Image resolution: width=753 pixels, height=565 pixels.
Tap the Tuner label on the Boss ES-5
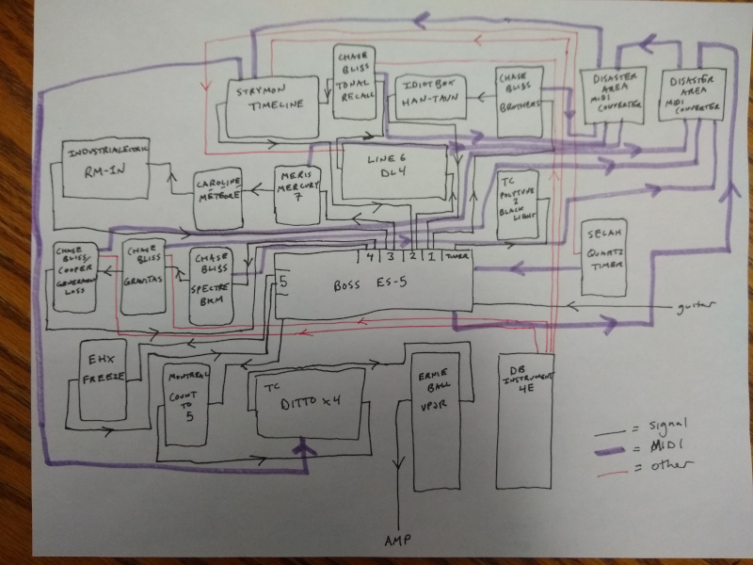point(457,256)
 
